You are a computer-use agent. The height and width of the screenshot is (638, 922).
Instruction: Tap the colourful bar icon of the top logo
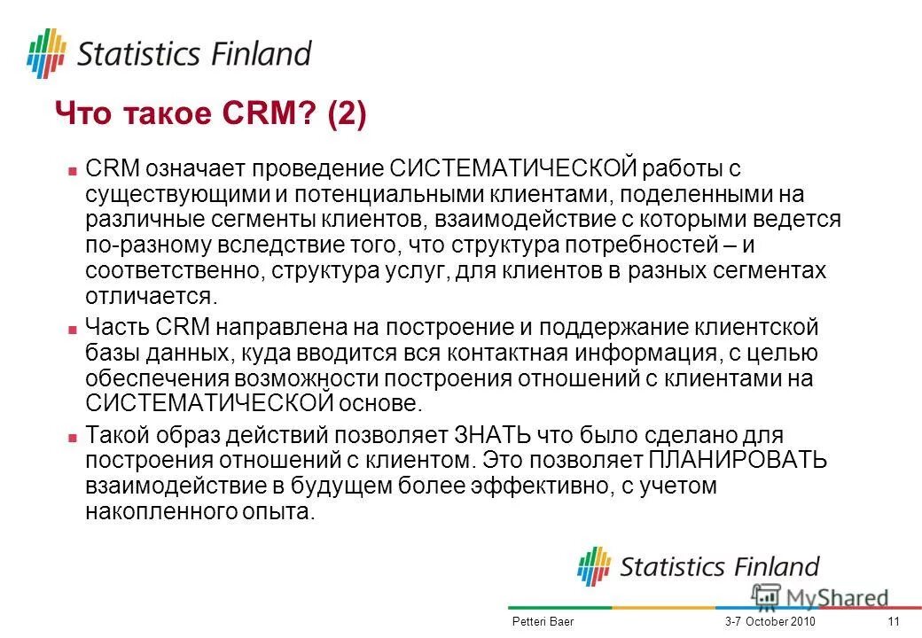(46, 53)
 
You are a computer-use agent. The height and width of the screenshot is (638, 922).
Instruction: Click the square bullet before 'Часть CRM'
(74, 329)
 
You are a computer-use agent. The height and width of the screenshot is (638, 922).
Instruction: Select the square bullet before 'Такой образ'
(74, 438)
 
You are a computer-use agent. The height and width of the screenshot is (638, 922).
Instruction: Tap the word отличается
(150, 295)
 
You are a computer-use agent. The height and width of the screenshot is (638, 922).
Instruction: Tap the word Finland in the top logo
(262, 54)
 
